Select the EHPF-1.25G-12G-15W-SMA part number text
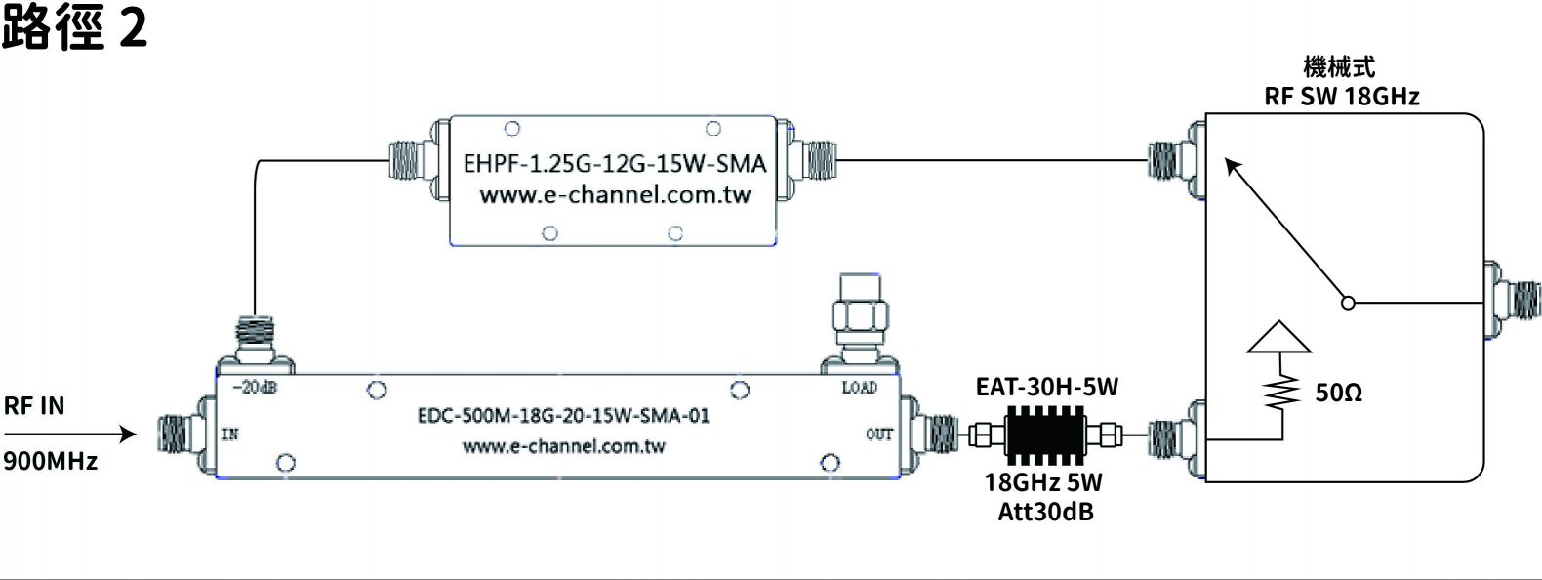(615, 163)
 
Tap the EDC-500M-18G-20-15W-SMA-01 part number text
(563, 416)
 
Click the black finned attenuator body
(1045, 435)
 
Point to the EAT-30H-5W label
(1046, 387)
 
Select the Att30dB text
(1045, 512)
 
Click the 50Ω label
(1338, 394)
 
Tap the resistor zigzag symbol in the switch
(1279, 393)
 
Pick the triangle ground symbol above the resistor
(1278, 336)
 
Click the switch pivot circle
(1348, 303)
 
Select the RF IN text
(34, 405)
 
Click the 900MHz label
(51, 461)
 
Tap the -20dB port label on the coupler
(255, 387)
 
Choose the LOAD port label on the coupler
(859, 388)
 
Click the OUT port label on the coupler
(878, 435)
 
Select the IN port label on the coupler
(229, 435)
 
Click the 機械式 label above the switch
(1339, 67)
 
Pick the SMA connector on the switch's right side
(1514, 301)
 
